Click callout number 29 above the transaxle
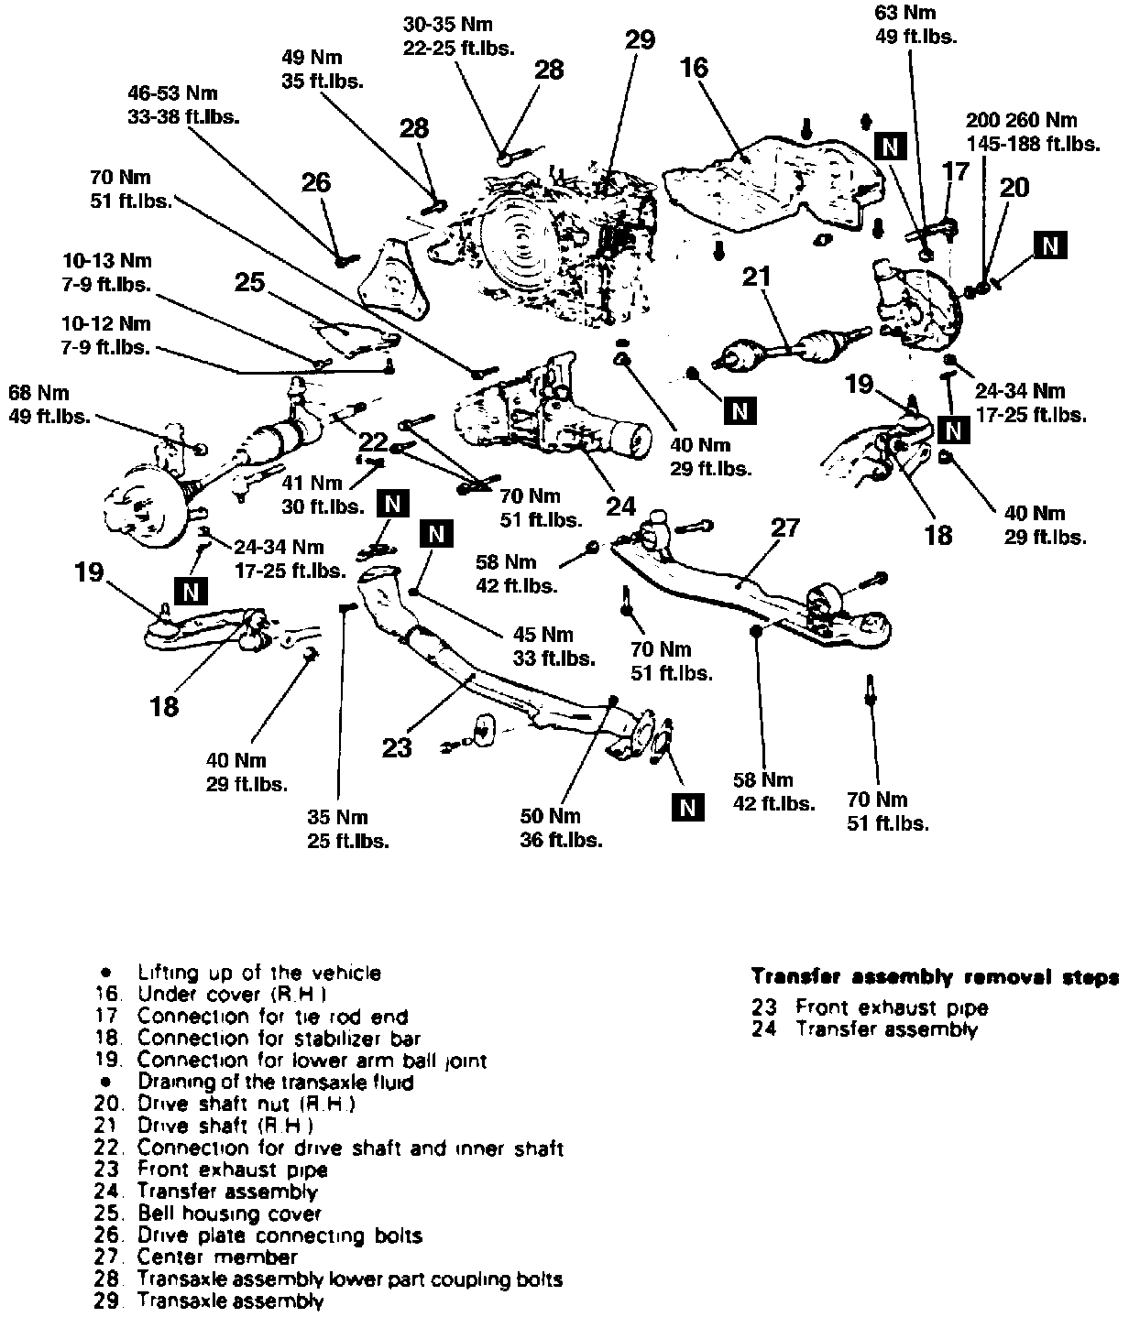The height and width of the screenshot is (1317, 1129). click(641, 40)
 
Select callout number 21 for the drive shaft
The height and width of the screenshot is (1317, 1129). click(758, 277)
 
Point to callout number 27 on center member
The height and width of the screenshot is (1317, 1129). click(785, 528)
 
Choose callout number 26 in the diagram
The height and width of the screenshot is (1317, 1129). click(316, 183)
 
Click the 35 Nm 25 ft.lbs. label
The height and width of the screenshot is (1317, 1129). click(347, 828)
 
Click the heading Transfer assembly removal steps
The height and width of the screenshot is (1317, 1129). click(934, 977)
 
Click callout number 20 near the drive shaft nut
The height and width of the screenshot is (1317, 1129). click(1014, 188)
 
